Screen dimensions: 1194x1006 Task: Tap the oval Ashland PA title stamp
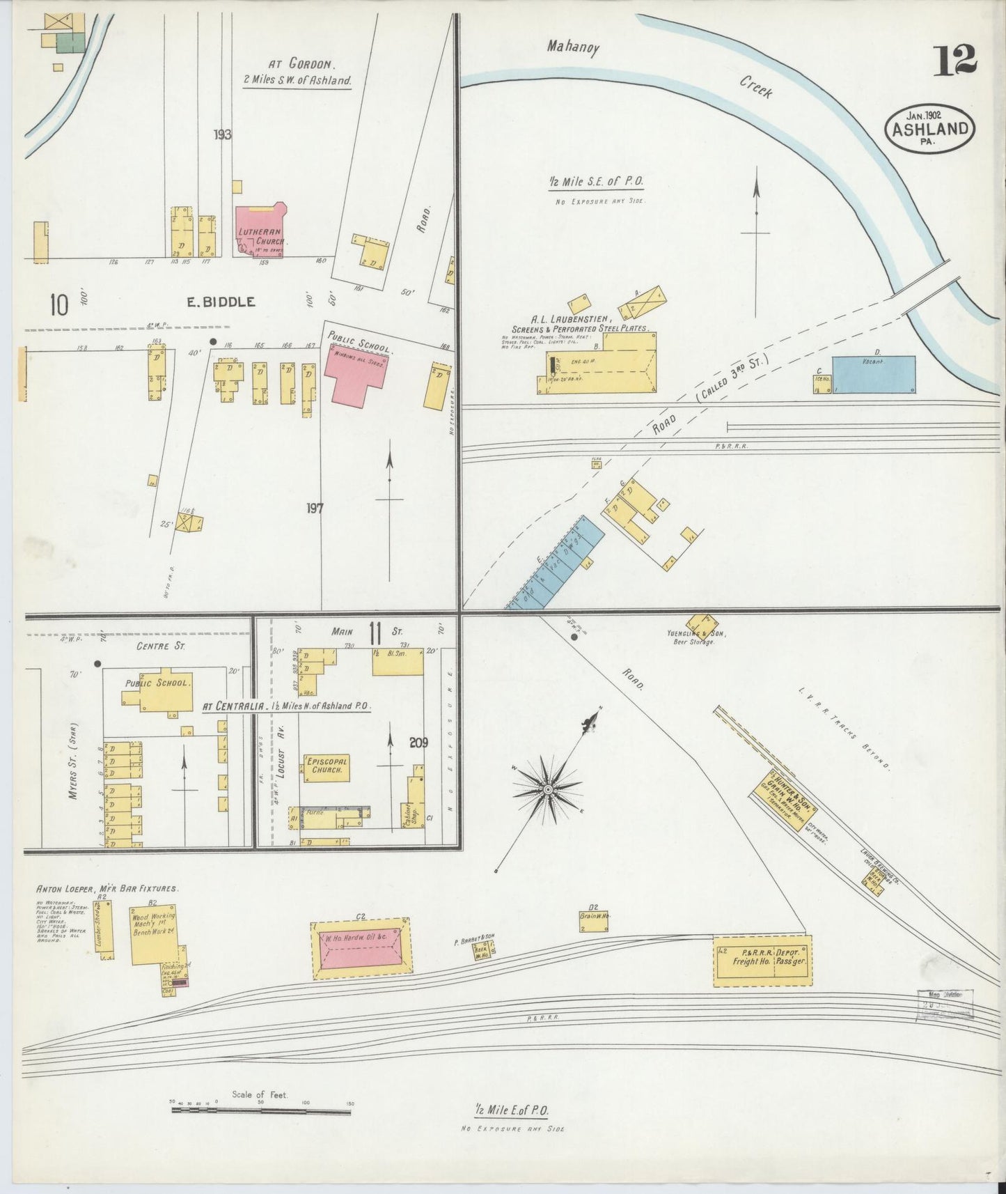coord(929,128)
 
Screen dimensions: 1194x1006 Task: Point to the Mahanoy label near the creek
coord(572,47)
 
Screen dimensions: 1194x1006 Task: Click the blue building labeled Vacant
coord(873,375)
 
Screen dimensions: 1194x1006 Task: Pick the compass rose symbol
coord(548,789)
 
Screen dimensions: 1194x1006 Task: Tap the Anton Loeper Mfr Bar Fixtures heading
coord(108,889)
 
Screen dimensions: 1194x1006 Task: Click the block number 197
coord(315,509)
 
